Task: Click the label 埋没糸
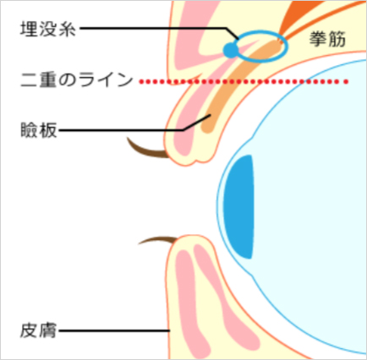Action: click(48, 29)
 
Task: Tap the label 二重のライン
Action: click(77, 80)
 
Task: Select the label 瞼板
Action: click(39, 130)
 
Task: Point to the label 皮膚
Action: click(39, 330)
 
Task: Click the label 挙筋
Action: click(327, 39)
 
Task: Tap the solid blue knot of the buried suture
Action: click(231, 51)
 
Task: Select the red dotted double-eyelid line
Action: click(244, 82)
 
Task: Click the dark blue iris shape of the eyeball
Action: click(238, 206)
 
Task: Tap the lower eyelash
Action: click(158, 239)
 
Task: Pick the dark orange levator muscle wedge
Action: click(293, 17)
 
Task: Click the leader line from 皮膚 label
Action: click(114, 330)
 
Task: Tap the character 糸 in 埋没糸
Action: click(67, 29)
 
